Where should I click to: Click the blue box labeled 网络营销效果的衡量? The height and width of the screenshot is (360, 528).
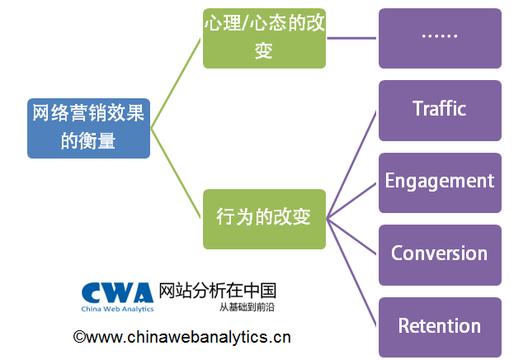point(89,128)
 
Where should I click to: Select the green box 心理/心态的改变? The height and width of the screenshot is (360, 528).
point(264,38)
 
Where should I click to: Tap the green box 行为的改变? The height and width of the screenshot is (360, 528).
point(264,219)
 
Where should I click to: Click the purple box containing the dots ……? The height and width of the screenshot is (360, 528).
point(440,38)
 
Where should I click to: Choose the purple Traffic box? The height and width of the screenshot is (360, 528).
point(440,110)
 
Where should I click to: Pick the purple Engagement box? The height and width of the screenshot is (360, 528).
point(440,182)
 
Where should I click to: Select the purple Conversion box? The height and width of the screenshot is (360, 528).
point(440,254)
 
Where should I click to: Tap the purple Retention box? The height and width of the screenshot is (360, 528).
point(440,327)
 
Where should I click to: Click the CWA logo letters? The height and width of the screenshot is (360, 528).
point(115,292)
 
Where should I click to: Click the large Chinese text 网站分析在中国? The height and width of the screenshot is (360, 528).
point(216,291)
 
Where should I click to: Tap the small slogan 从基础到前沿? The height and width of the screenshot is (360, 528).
point(247,307)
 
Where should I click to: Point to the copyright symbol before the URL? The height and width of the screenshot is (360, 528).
point(79,337)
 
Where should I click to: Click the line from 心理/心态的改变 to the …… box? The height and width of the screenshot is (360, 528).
point(352,38)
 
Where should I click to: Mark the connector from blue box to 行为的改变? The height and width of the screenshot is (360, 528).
point(177,173)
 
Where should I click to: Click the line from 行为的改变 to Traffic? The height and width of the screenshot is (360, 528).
point(352,164)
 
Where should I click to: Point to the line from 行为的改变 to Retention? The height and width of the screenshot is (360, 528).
point(352,272)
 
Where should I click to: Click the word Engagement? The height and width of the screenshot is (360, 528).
point(440,181)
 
